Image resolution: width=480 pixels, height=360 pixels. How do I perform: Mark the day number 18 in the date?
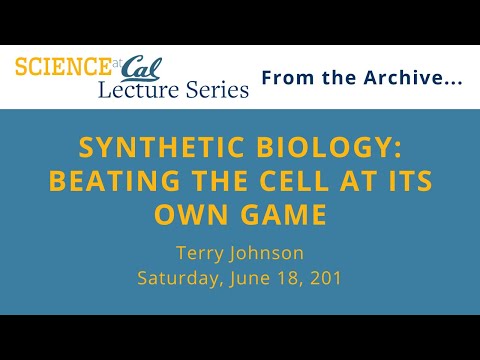click(x=296, y=277)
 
